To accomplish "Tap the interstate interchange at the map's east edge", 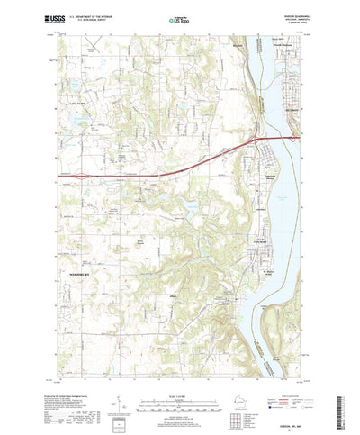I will point(292,137).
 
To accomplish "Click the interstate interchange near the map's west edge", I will point(63,174).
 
